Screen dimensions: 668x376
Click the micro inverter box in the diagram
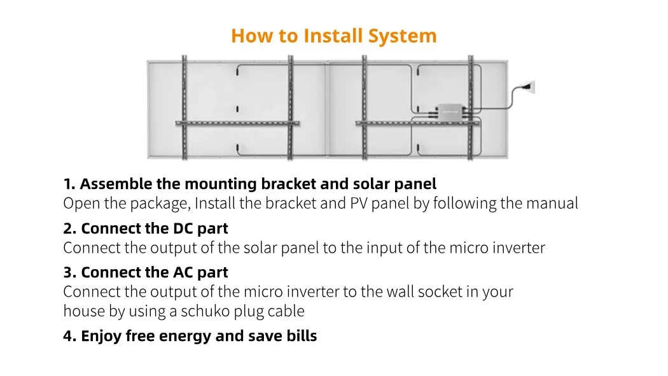tap(449, 111)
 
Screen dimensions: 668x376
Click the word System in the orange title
tap(403, 36)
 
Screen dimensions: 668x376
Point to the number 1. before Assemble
tap(69, 184)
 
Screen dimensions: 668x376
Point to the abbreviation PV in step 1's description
tap(359, 204)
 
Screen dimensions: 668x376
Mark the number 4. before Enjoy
tap(69, 336)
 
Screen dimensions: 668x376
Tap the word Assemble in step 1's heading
tap(116, 184)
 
